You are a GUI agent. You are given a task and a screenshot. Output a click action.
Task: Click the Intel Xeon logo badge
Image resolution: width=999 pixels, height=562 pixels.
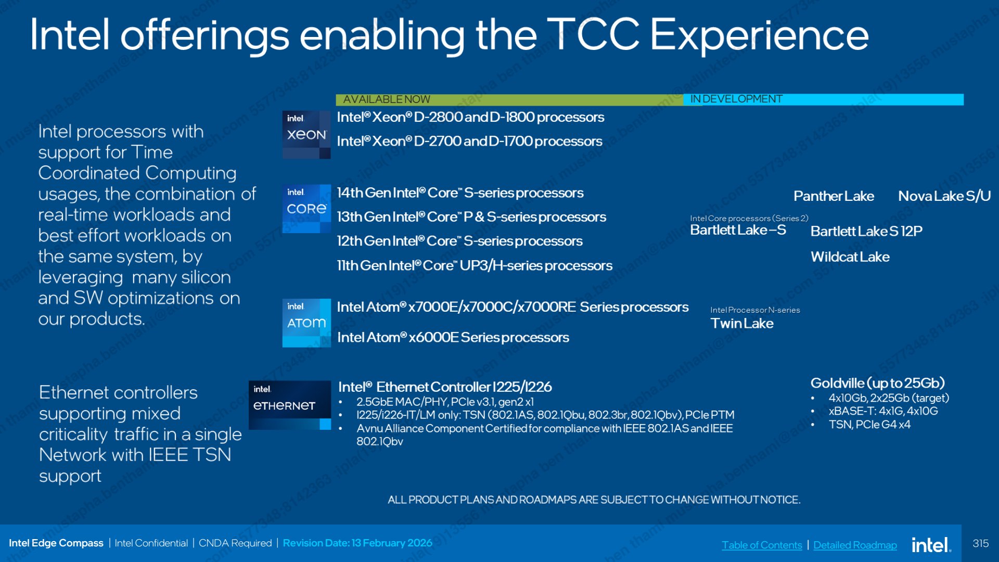click(x=306, y=135)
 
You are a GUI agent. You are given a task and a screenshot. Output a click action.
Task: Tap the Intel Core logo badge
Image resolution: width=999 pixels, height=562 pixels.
click(x=306, y=209)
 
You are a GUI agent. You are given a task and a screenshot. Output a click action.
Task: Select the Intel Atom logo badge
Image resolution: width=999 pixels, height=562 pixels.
click(x=306, y=323)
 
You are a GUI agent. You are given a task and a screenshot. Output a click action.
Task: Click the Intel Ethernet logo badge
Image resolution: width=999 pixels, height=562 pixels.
click(x=290, y=405)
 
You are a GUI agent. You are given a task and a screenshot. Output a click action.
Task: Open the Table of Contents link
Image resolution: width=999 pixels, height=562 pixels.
click(x=762, y=545)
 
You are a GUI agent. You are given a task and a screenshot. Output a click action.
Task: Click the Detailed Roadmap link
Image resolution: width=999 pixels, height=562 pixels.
click(x=855, y=545)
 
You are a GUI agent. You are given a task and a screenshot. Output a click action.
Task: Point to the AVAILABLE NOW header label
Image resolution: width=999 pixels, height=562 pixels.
click(x=387, y=99)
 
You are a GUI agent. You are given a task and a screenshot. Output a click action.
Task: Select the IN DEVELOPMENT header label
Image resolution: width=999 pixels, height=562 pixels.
click(x=736, y=99)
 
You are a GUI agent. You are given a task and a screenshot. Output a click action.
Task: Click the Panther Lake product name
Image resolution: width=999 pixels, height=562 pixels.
click(x=834, y=196)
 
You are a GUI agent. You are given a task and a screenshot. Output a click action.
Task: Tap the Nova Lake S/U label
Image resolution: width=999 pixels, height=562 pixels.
click(x=944, y=196)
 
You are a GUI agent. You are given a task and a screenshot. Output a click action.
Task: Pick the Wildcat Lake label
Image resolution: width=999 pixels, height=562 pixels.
click(x=850, y=257)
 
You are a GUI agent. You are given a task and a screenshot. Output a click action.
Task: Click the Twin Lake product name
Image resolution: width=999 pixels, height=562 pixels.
click(x=742, y=323)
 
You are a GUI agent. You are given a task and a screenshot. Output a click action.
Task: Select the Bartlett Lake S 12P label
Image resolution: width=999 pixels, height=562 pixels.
click(x=866, y=231)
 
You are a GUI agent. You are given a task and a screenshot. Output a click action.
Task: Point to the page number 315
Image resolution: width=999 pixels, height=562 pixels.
click(x=980, y=543)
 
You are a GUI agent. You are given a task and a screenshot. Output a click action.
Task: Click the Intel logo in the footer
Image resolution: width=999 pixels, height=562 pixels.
click(x=931, y=545)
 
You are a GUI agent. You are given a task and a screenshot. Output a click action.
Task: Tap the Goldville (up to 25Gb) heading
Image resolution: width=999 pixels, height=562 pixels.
click(x=877, y=383)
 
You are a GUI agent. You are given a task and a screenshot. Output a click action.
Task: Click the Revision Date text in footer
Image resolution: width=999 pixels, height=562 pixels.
click(x=357, y=543)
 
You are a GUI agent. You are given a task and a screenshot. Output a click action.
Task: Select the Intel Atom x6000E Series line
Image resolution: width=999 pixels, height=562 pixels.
click(x=453, y=337)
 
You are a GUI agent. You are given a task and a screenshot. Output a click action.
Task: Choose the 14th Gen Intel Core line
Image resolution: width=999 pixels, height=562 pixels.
click(x=460, y=193)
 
